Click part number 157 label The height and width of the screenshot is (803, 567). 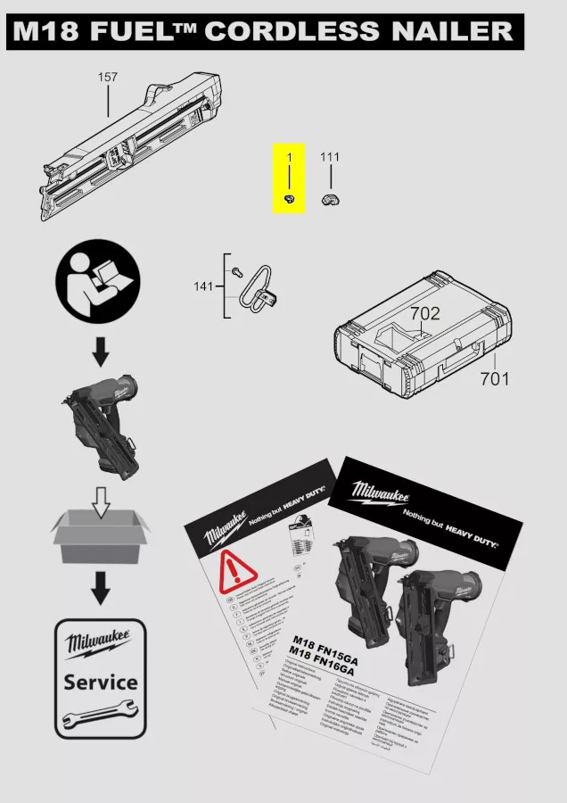click(108, 78)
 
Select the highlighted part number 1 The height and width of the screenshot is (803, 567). click(289, 157)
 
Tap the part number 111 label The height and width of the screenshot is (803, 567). click(330, 157)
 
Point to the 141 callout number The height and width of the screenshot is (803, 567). click(203, 286)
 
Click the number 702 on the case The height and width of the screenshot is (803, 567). click(425, 314)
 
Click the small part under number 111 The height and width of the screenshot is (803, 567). click(330, 198)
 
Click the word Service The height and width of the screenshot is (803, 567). click(100, 683)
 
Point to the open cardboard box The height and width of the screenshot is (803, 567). click(100, 535)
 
